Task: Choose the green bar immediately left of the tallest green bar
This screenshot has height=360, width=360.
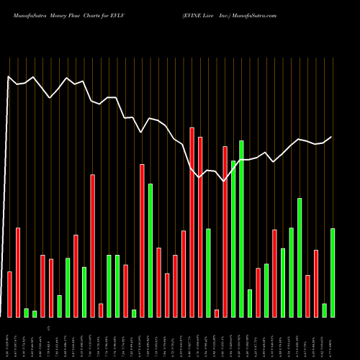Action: (233, 238)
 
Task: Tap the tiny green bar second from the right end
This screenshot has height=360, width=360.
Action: (324, 310)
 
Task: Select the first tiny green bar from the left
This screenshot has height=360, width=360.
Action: (26, 312)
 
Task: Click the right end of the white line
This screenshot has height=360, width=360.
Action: (332, 137)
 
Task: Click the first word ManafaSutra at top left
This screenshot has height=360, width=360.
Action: (27, 14)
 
